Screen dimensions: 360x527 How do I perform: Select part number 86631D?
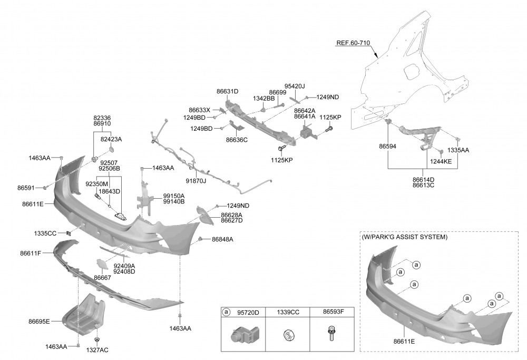click(227, 91)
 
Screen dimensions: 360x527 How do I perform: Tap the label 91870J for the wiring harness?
click(196, 182)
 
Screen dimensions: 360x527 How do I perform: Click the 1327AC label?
click(98, 349)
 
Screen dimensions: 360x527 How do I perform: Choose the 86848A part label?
click(222, 239)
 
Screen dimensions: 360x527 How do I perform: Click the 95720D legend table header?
click(248, 312)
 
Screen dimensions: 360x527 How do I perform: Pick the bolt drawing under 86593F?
click(331, 334)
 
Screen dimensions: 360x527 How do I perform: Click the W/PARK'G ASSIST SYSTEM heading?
click(404, 237)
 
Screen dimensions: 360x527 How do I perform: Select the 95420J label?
click(295, 86)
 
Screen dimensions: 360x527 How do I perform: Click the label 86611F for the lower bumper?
click(31, 254)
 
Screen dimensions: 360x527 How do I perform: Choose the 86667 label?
click(102, 277)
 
